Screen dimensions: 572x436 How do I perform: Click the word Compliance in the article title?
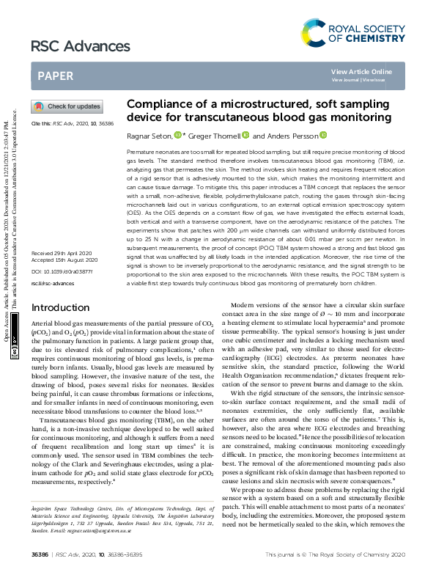157,105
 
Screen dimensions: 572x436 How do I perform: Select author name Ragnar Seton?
149,136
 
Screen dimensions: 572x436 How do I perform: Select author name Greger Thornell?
213,136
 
